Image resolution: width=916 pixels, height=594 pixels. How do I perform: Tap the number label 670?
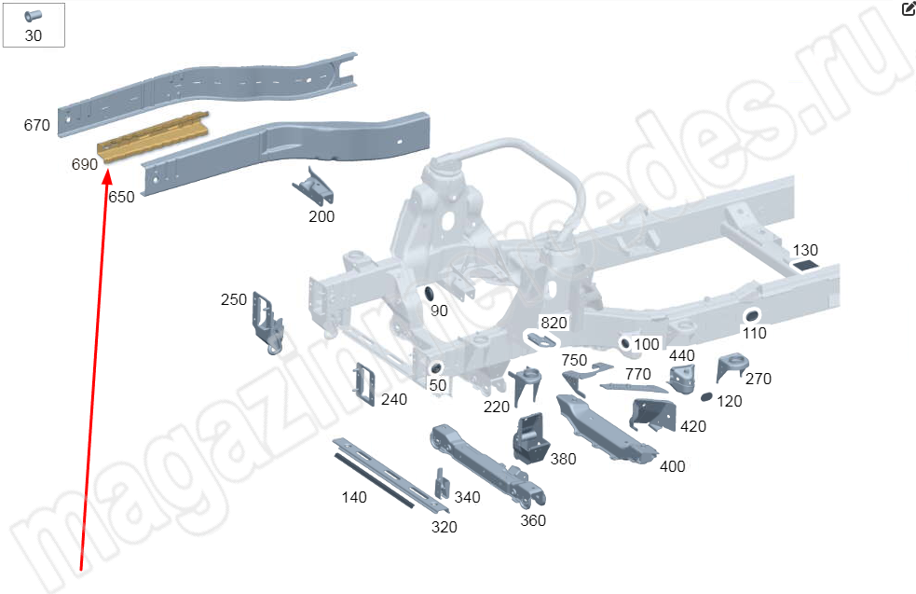pyautogui.click(x=36, y=125)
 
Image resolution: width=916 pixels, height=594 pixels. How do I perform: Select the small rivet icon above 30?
pyautogui.click(x=33, y=15)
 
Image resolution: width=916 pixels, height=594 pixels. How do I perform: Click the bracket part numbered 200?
pyautogui.click(x=314, y=186)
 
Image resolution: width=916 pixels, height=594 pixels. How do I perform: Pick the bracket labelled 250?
pyautogui.click(x=267, y=322)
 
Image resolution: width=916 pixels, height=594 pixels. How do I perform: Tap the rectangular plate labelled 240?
pyautogui.click(x=364, y=384)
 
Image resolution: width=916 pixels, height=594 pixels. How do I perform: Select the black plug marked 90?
pyautogui.click(x=430, y=293)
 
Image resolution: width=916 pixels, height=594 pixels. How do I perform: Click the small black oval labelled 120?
pyautogui.click(x=706, y=397)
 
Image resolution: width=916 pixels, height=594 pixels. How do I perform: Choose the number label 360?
pyautogui.click(x=533, y=520)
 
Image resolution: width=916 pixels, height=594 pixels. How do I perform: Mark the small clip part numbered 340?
pyautogui.click(x=443, y=484)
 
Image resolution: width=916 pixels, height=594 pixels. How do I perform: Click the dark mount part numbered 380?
pyautogui.click(x=530, y=438)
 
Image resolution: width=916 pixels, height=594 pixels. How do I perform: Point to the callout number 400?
pyautogui.click(x=673, y=466)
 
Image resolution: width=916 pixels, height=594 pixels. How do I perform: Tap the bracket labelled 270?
pyautogui.click(x=732, y=366)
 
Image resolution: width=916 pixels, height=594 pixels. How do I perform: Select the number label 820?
pyautogui.click(x=554, y=323)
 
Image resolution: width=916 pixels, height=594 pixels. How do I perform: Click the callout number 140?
pyautogui.click(x=354, y=498)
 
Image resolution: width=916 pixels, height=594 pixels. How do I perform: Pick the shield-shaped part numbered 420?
pyautogui.click(x=651, y=415)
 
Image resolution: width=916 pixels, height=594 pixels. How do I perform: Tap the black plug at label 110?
pyautogui.click(x=751, y=316)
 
